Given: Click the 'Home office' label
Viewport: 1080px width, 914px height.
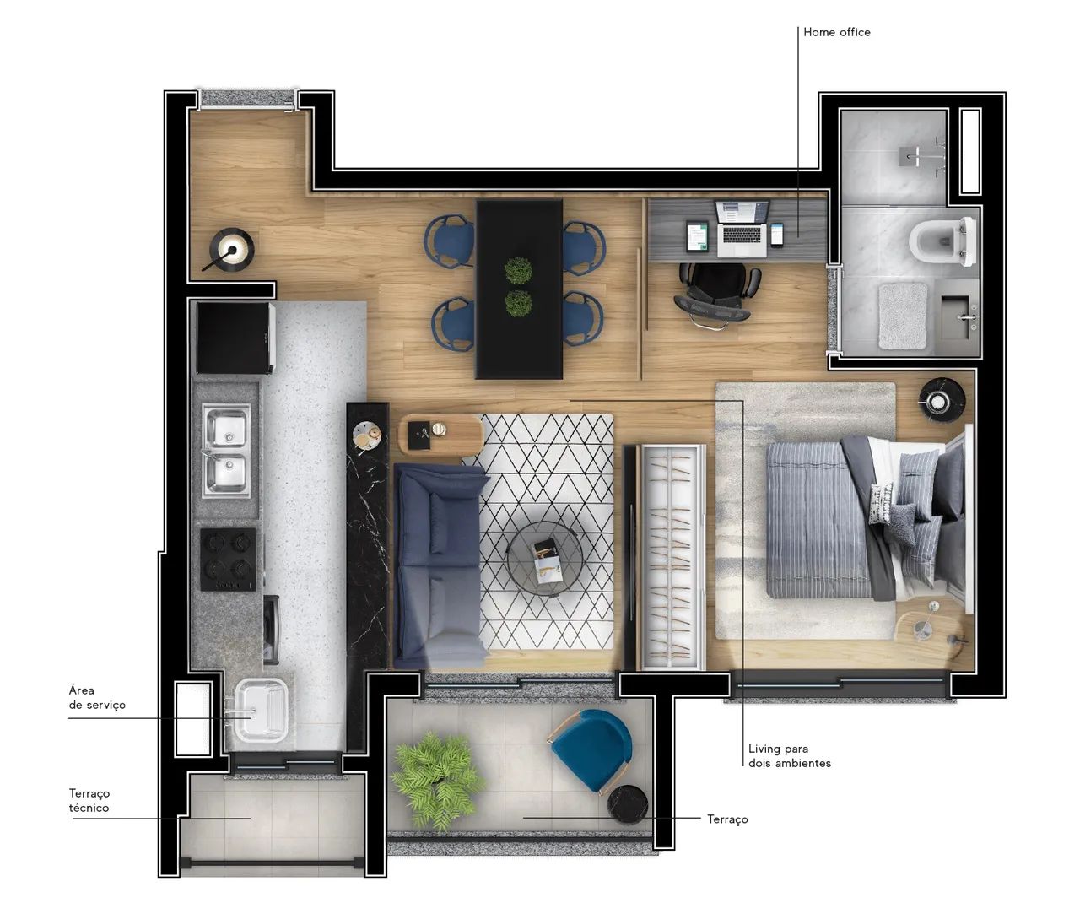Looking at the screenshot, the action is coord(836,32).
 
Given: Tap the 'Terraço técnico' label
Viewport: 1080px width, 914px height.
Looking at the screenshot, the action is coord(89,800).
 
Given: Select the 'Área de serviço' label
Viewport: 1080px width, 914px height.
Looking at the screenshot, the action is coord(97,697).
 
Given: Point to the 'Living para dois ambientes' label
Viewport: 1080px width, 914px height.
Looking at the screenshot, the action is coord(789,755).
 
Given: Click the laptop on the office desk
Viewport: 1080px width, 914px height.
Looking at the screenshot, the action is coord(742,229).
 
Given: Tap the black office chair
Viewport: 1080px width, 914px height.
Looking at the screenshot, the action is coord(714,295).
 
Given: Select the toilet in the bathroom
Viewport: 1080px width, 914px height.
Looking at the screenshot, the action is coord(942,241).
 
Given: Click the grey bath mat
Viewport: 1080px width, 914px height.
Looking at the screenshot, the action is coord(903,316).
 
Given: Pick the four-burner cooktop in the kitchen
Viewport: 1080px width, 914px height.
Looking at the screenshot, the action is coord(229,560).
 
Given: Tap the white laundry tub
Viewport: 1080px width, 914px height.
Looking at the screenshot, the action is coord(261,711).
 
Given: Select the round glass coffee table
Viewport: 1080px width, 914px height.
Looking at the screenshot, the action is coord(544,560).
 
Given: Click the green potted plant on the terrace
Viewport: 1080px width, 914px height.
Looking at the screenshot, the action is coord(438,780).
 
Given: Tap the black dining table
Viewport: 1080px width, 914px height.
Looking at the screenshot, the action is coord(519,289).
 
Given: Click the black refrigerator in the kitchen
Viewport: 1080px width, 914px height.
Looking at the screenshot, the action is coord(235,338).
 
